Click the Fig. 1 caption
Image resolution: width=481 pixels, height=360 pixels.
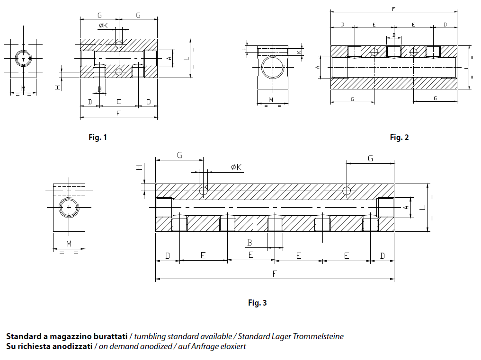tap(98, 137)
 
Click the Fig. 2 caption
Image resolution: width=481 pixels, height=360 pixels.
tap(399, 137)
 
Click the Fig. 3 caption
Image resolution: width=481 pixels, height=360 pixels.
tap(258, 303)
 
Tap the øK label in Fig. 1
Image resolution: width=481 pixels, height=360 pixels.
tap(103, 26)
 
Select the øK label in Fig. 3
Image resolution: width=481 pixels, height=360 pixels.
tap(236, 167)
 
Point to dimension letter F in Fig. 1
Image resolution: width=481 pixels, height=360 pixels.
tap(118, 114)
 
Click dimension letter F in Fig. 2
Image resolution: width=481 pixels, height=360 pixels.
tap(394, 9)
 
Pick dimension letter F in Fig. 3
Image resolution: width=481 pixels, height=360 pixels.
tap(274, 274)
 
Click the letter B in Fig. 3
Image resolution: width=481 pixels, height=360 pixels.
tap(249, 243)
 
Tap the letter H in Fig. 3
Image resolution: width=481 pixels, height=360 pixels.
tap(139, 168)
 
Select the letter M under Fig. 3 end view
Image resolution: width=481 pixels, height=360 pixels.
tap(69, 244)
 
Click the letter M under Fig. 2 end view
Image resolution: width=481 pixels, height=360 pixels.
tap(271, 99)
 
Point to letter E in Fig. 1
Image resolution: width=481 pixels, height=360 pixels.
tap(118, 102)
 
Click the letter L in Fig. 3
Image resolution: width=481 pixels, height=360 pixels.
tap(421, 207)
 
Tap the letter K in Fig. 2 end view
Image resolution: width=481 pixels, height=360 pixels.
tap(299, 52)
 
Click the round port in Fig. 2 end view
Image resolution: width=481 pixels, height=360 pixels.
tap(272, 68)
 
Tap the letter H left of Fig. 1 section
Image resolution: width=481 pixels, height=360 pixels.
tap(57, 87)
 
